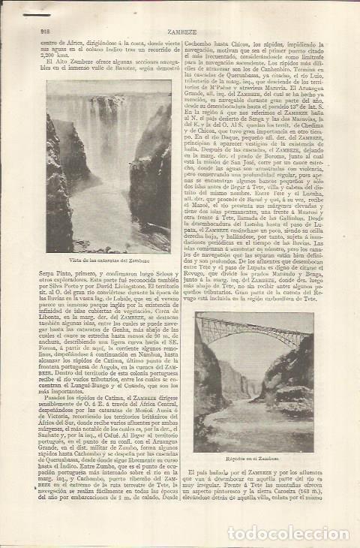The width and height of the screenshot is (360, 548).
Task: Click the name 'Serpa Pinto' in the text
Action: pos(55,269)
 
